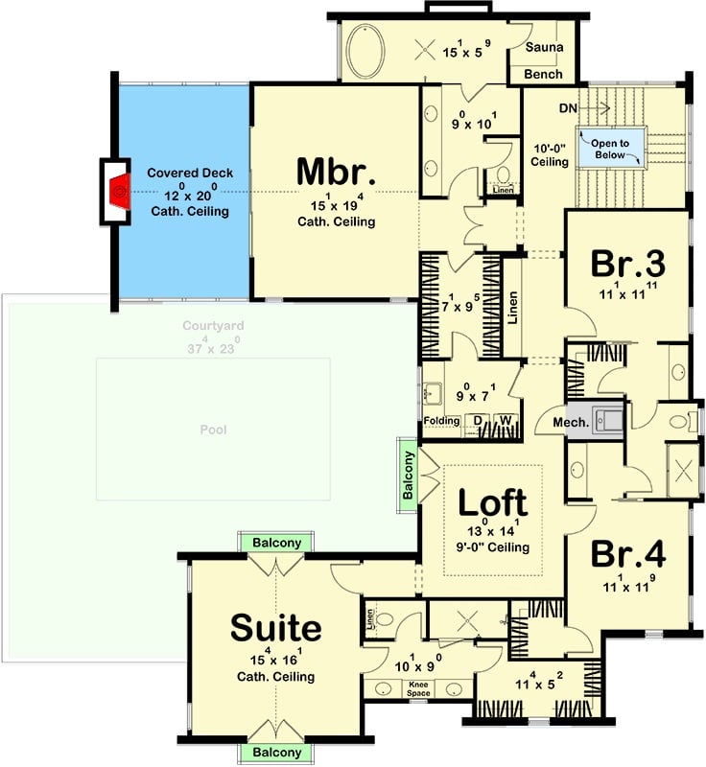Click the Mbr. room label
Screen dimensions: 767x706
335,173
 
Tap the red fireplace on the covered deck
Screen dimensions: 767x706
118,192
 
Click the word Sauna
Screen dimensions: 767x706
548,48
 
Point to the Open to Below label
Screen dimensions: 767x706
609,149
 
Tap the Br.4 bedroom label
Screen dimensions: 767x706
628,554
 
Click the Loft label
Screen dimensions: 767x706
491,501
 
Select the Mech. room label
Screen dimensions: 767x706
563,420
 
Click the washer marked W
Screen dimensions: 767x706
504,421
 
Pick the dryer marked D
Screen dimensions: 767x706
477,421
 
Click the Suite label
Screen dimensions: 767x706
275,628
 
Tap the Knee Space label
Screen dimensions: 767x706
417,689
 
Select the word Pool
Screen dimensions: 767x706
213,430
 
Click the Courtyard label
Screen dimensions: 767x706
213,326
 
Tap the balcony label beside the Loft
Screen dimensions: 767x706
409,475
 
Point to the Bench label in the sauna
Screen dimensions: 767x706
548,74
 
